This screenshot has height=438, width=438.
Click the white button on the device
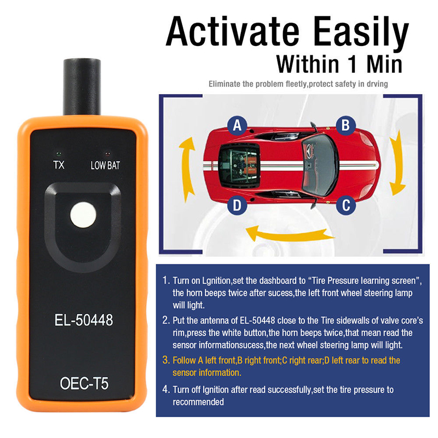click(83, 215)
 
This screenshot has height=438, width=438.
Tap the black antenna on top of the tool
click(82, 87)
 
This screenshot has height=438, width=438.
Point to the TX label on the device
click(59, 165)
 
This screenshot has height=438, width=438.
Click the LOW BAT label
click(105, 165)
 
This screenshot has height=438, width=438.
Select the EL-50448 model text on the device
click(84, 320)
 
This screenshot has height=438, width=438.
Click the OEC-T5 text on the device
click(84, 383)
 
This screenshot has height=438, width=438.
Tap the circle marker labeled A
click(237, 125)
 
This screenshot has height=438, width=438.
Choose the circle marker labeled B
click(345, 125)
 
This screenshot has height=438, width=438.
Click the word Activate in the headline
click(232, 31)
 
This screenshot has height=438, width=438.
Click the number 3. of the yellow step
click(166, 360)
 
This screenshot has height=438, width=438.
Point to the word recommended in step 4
click(198, 402)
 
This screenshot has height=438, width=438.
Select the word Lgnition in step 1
click(216, 281)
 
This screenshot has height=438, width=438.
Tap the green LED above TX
click(59, 154)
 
